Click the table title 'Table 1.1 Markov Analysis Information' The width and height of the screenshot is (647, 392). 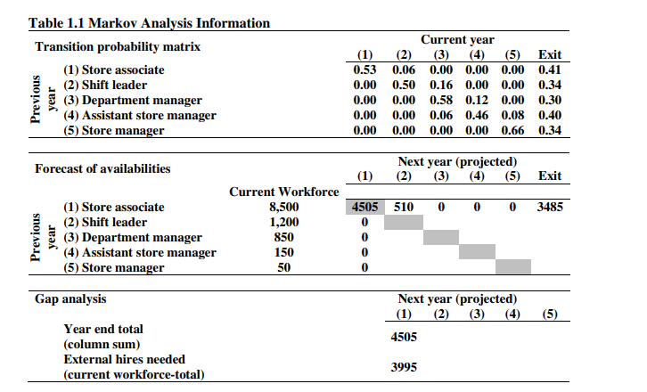[x=150, y=23]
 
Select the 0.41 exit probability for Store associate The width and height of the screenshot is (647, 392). [x=551, y=69]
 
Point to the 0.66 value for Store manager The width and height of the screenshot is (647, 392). [x=512, y=130]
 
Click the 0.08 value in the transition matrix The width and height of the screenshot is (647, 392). [x=512, y=115]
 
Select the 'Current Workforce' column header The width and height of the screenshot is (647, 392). [x=284, y=192]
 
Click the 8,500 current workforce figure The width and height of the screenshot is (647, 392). [x=284, y=207]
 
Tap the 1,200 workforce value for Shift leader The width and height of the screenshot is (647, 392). [x=284, y=222]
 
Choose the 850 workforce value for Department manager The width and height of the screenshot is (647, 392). [x=284, y=237]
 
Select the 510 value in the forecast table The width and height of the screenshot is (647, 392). [x=404, y=207]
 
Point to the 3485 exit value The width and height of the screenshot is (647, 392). [x=551, y=207]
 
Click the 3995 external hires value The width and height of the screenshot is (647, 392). [x=404, y=367]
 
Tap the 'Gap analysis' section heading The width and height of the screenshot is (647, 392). [x=70, y=298]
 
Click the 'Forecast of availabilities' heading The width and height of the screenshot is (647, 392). [x=102, y=168]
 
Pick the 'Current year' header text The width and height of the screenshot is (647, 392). [x=457, y=40]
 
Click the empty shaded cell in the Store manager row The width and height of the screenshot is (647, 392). [x=513, y=267]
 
